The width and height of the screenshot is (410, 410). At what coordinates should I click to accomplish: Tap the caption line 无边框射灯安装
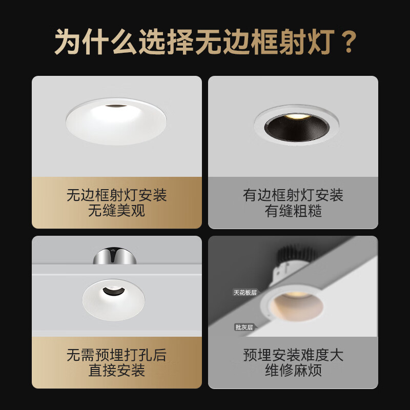(x=117, y=195)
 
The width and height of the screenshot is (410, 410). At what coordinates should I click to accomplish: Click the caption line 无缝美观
(x=117, y=211)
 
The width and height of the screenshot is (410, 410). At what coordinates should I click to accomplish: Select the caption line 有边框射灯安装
(x=293, y=195)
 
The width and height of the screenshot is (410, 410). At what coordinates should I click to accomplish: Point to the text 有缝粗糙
(x=293, y=211)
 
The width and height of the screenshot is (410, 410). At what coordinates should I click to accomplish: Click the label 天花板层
(x=245, y=293)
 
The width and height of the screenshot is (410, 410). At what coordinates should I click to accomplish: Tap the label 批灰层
(x=244, y=327)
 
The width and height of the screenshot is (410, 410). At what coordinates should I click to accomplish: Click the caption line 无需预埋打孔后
(x=117, y=355)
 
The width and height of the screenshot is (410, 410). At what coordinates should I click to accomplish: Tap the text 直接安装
(x=117, y=371)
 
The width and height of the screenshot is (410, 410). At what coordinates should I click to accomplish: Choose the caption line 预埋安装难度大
(x=293, y=355)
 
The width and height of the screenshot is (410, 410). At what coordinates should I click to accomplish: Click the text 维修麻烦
(x=293, y=371)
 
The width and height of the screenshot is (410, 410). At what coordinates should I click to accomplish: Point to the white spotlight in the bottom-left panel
(x=113, y=300)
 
